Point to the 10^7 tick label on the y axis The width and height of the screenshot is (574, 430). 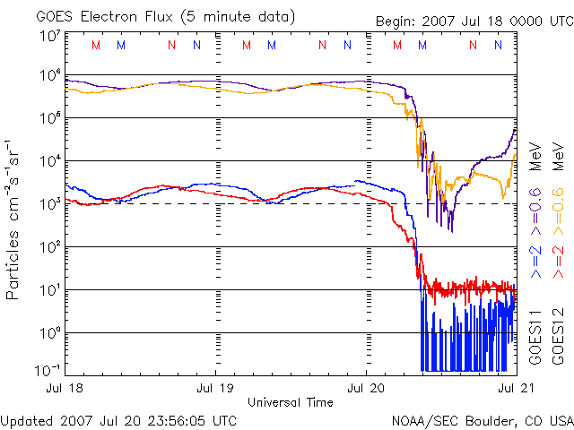(49, 37)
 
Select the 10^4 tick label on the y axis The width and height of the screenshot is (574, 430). (49, 161)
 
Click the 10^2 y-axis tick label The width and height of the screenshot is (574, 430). (49, 246)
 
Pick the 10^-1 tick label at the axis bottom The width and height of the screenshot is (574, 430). (48, 369)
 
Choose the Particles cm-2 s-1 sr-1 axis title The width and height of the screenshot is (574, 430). (15, 219)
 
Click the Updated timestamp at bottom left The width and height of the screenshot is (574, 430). (119, 419)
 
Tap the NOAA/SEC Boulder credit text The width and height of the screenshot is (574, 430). (482, 419)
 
